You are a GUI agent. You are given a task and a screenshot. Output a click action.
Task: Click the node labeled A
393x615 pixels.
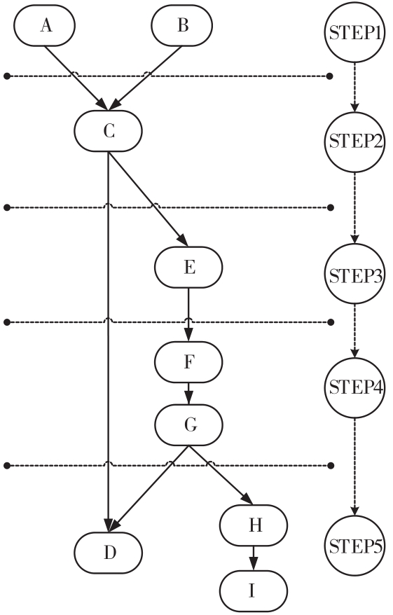click(x=44, y=25)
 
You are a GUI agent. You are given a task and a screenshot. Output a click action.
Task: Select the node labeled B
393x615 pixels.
click(x=182, y=25)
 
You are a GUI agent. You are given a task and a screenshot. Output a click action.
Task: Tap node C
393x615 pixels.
click(x=109, y=131)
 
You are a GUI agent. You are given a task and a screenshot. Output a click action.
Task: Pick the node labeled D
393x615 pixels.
click(x=109, y=553)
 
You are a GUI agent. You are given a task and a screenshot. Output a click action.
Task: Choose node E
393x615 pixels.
click(x=188, y=267)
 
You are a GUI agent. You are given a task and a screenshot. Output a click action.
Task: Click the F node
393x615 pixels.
click(x=188, y=361)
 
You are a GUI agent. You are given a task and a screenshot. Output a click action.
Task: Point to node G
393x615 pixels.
click(x=188, y=424)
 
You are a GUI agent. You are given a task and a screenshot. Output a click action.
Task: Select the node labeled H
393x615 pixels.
click(x=254, y=525)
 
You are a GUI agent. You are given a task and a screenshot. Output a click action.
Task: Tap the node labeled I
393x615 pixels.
click(x=254, y=591)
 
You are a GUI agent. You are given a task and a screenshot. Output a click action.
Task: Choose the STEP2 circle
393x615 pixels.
click(x=354, y=142)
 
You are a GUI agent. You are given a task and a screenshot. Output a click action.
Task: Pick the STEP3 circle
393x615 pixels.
click(x=354, y=274)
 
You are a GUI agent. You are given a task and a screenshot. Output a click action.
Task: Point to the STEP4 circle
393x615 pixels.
click(x=354, y=388)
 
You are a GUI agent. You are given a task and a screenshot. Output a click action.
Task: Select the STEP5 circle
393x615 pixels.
click(x=354, y=546)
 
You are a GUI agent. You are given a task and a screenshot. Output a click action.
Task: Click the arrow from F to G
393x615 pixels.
click(x=188, y=394)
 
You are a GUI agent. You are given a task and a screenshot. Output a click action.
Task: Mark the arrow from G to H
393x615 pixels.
click(x=221, y=475)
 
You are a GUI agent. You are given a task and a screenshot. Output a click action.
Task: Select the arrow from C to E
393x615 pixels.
click(x=148, y=199)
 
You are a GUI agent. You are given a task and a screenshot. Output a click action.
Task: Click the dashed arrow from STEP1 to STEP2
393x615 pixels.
click(x=354, y=88)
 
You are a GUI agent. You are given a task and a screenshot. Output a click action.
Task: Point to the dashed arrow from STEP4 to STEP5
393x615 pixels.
click(x=354, y=467)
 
